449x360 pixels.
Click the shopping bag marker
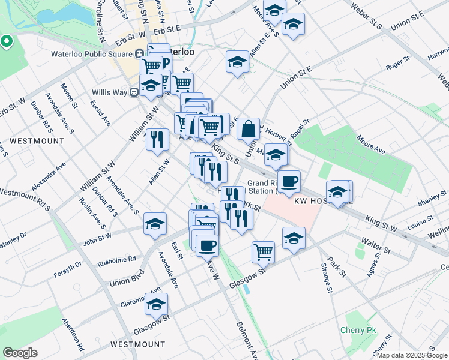[x=248, y=128]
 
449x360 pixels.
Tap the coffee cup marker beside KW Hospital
[x=289, y=181]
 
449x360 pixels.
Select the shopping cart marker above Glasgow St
[x=263, y=253]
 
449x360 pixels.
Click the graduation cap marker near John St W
[x=155, y=224]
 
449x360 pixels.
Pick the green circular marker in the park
[x=7, y=41]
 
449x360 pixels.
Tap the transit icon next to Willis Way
[x=135, y=92]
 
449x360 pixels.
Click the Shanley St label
[x=429, y=200]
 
